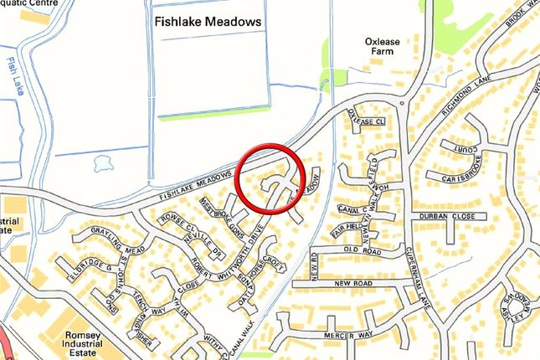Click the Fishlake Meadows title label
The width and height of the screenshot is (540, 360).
coord(208,21)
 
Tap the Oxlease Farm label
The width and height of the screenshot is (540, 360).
coord(384,49)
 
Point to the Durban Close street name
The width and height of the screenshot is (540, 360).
coord(455,216)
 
